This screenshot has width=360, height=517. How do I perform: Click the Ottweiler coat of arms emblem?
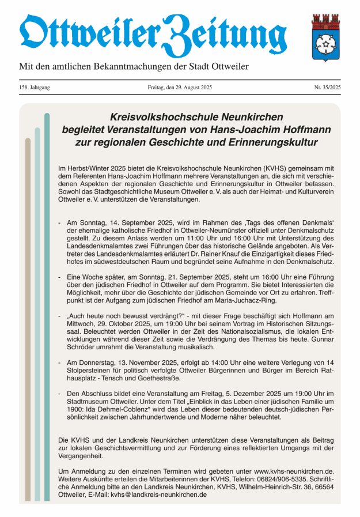pos(325,37)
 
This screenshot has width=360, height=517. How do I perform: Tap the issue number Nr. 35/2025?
pos(327,87)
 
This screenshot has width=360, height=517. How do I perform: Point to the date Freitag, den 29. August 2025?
pos(180,87)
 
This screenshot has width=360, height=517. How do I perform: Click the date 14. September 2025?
pos(132,221)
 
